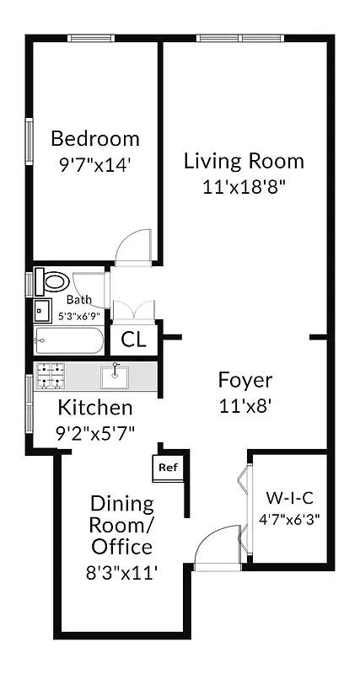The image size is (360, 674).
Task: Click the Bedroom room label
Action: click(x=95, y=139)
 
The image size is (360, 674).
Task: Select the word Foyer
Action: click(x=244, y=379)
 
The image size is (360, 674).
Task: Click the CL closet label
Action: click(x=133, y=340)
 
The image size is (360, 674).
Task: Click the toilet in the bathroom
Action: click(x=56, y=281)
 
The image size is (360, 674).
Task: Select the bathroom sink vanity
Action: click(x=43, y=310)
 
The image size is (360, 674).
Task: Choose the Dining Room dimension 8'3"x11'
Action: click(x=121, y=573)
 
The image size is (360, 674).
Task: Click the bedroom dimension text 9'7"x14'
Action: click(x=94, y=165)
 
